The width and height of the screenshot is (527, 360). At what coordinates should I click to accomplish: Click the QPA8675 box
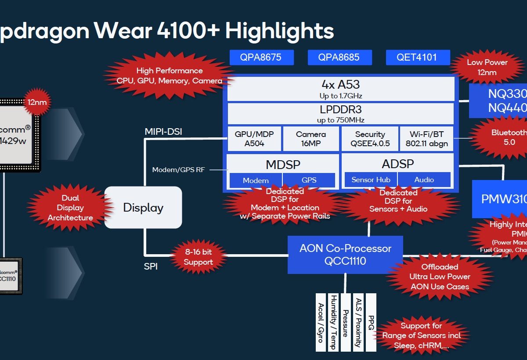[x=261, y=57]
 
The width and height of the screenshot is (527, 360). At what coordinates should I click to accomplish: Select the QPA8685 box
[x=339, y=57]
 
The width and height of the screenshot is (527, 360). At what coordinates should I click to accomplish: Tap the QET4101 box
[x=418, y=57]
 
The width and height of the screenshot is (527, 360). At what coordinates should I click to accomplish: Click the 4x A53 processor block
[x=341, y=89]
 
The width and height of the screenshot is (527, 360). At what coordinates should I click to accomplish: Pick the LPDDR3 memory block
[x=341, y=114]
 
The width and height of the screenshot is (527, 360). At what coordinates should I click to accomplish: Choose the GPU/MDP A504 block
[x=254, y=139]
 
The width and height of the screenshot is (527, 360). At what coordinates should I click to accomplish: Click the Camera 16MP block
[x=310, y=139]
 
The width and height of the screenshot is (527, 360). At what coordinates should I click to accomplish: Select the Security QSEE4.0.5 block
[x=370, y=139]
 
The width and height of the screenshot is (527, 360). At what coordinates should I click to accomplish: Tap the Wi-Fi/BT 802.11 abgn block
[x=426, y=139]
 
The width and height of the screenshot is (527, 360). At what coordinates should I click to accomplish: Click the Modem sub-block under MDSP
[x=256, y=180]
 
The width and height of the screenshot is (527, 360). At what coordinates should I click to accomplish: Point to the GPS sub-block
[x=309, y=180]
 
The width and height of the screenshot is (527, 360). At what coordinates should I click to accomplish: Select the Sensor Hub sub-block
[x=371, y=180]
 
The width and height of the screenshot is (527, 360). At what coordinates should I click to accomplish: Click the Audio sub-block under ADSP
[x=424, y=180]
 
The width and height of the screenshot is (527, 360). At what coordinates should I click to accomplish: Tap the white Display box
[x=143, y=207]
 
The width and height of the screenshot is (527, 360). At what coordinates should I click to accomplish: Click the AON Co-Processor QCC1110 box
[x=345, y=254]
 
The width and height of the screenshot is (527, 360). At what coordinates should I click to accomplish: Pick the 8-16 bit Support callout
[x=198, y=257]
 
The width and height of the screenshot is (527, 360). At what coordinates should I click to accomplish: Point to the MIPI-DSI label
[x=163, y=131]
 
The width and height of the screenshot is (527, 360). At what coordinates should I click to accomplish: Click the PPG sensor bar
[x=371, y=322]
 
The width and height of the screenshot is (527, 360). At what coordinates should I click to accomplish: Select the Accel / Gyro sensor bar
[x=321, y=322]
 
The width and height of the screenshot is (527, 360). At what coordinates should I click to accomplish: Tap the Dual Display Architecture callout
[x=70, y=208]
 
